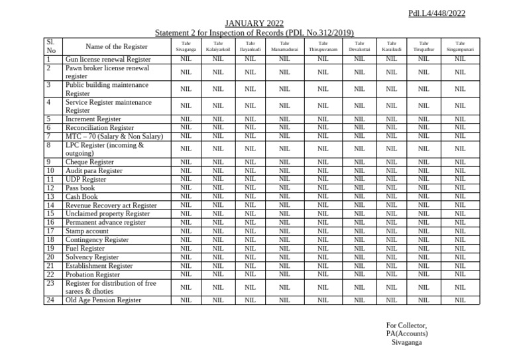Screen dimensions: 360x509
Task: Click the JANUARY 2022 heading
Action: [x=254, y=24]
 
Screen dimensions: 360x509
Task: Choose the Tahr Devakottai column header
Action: [x=359, y=46]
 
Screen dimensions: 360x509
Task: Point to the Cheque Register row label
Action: [x=89, y=162]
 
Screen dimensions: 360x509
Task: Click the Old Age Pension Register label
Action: [x=103, y=300]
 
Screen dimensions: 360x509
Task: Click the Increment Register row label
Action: [x=93, y=119]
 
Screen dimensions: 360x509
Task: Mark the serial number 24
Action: [x=50, y=300]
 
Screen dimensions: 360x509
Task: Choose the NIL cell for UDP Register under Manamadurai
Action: [x=284, y=179]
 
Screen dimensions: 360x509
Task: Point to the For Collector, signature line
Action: [x=406, y=325]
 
